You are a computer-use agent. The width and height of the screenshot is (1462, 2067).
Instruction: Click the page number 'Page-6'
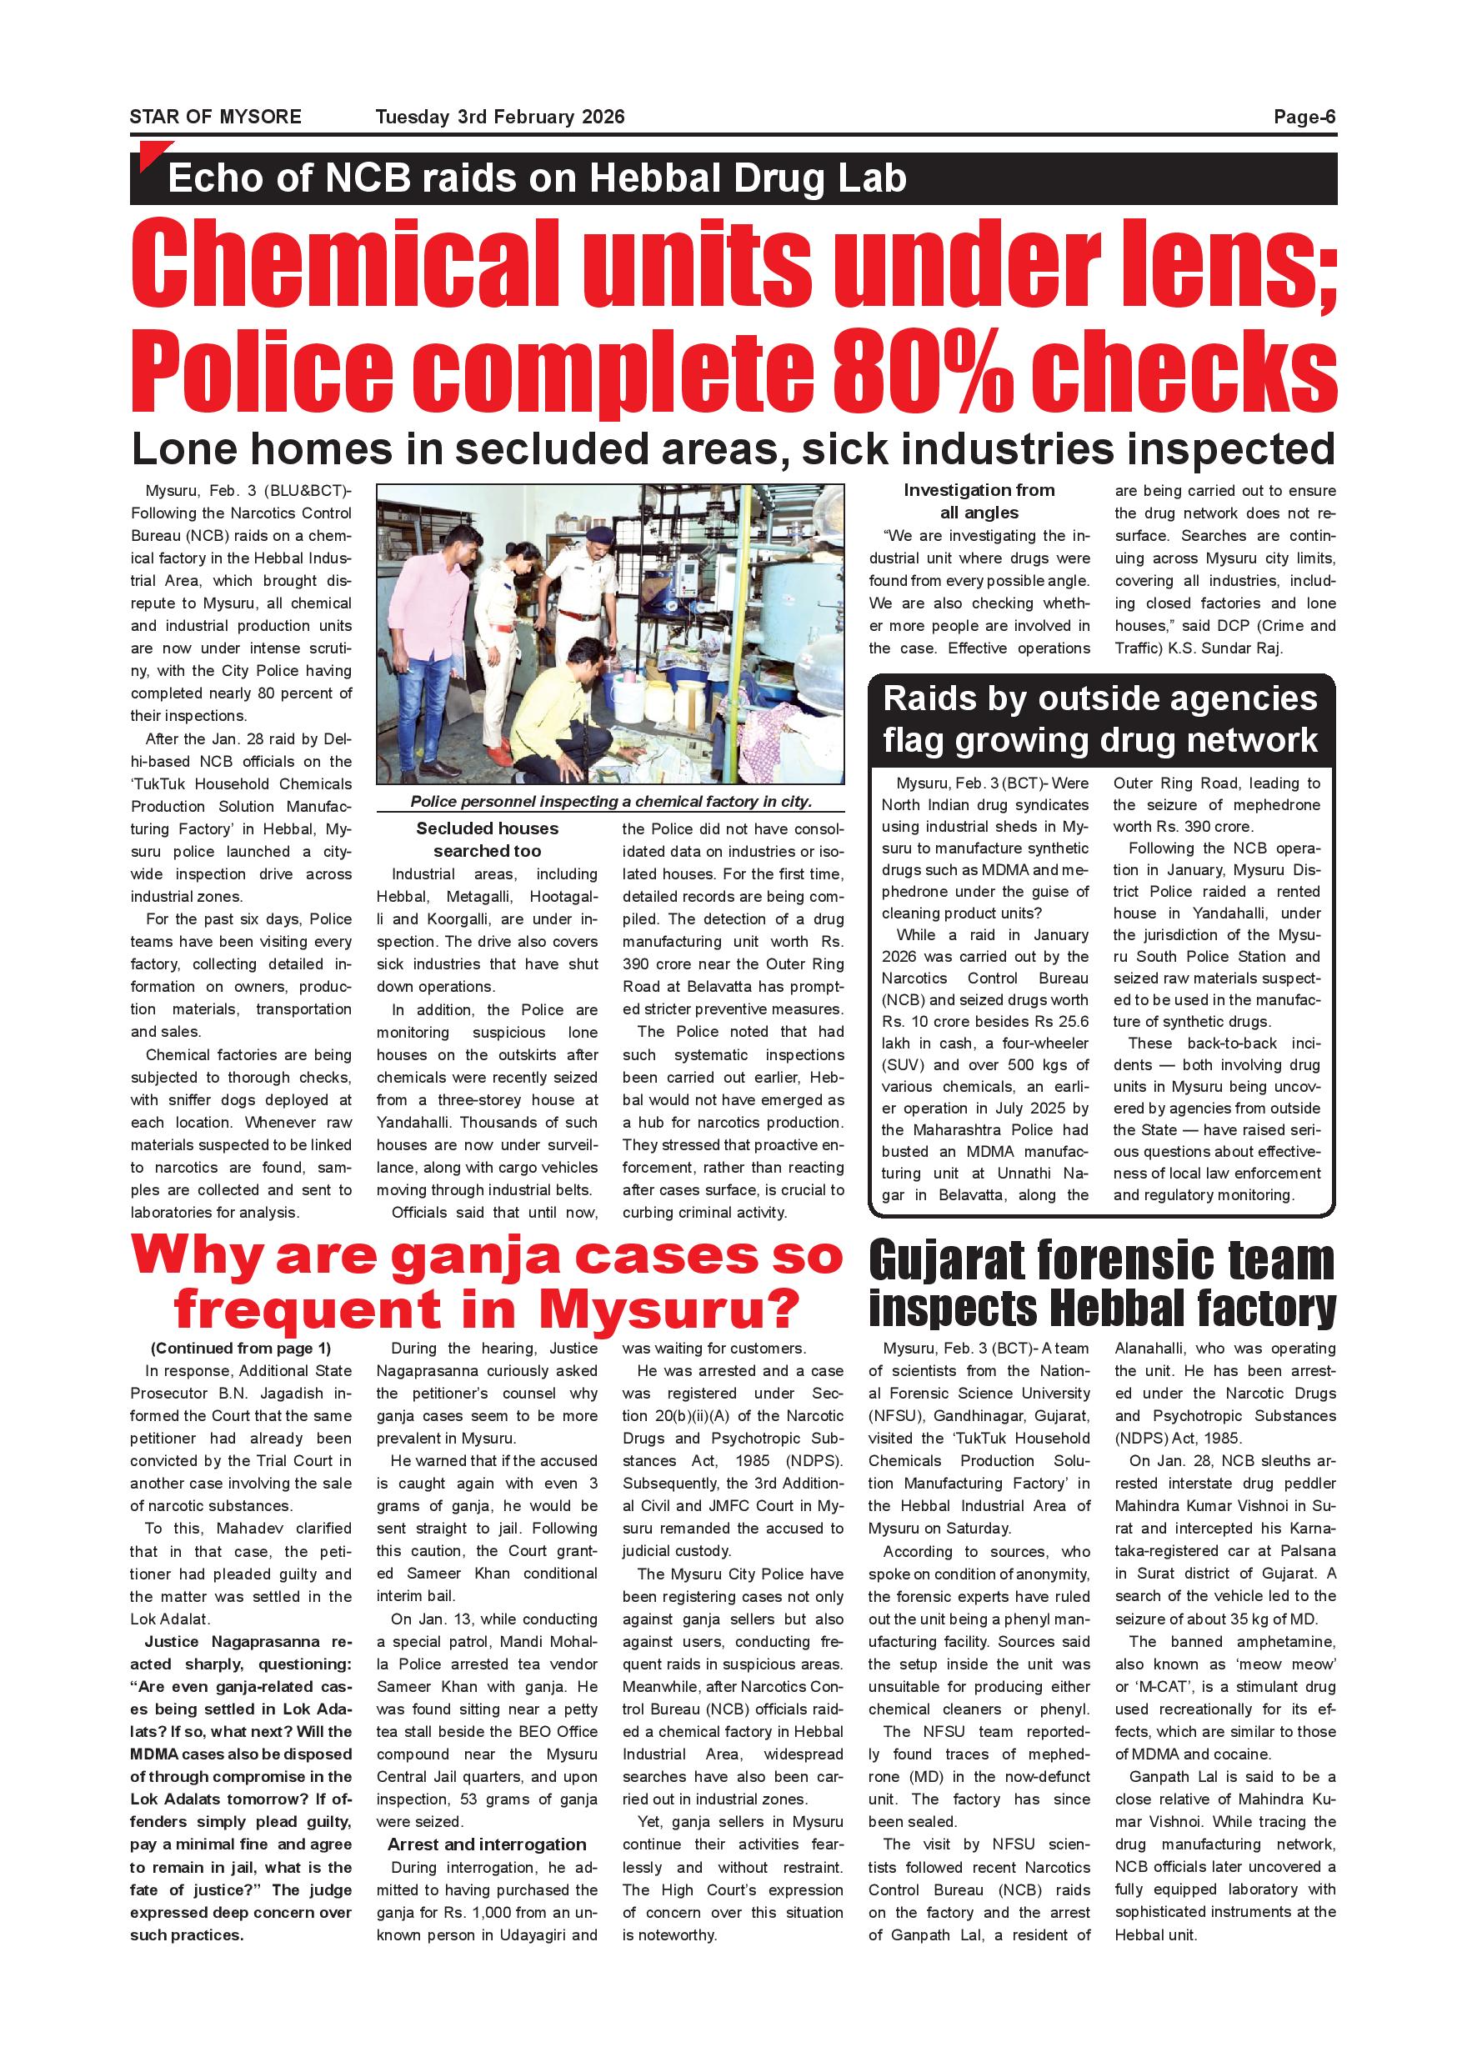[1304, 117]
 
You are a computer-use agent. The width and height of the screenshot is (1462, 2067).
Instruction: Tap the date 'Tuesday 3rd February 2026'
[499, 117]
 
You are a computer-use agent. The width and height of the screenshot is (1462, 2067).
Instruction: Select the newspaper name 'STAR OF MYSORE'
[215, 117]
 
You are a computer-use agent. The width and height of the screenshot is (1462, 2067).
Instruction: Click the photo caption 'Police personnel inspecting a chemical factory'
[610, 801]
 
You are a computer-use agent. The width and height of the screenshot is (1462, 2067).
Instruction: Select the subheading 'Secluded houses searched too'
[487, 839]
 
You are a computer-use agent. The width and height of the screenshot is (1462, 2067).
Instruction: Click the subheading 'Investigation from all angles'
[979, 502]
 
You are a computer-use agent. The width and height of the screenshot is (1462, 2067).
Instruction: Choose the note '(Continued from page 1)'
[240, 1349]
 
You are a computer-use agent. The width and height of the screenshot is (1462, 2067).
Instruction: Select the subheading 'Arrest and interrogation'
[486, 1844]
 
